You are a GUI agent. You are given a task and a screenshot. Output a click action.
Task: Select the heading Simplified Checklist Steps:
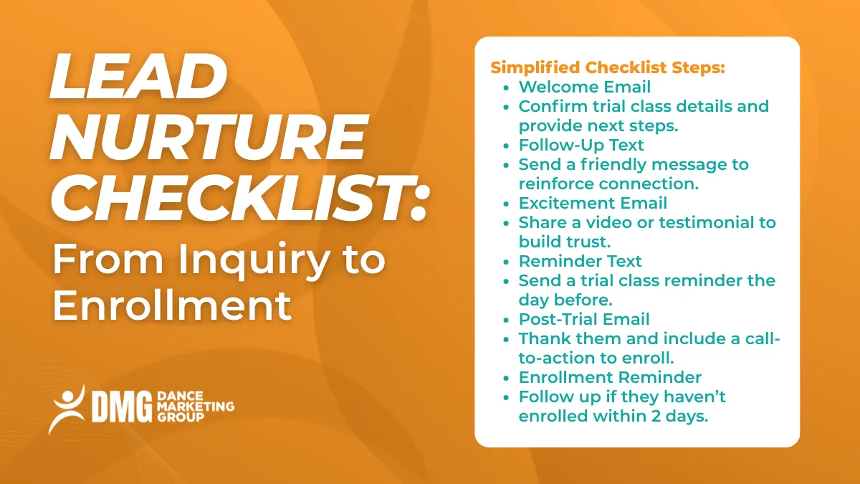point(608,68)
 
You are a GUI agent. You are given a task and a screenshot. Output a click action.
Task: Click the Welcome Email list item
point(585,87)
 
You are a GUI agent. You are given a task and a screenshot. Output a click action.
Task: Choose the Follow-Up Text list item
point(581,145)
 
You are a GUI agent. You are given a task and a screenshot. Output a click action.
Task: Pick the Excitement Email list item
point(593,203)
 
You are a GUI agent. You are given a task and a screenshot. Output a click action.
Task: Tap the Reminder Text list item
point(580,261)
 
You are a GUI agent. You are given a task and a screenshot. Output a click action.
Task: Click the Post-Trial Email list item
point(584,319)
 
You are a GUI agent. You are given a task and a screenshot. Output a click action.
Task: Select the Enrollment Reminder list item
point(610,377)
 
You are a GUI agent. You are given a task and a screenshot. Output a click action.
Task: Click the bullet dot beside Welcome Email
point(507,87)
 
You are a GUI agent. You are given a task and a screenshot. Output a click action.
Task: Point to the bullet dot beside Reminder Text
point(507,262)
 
